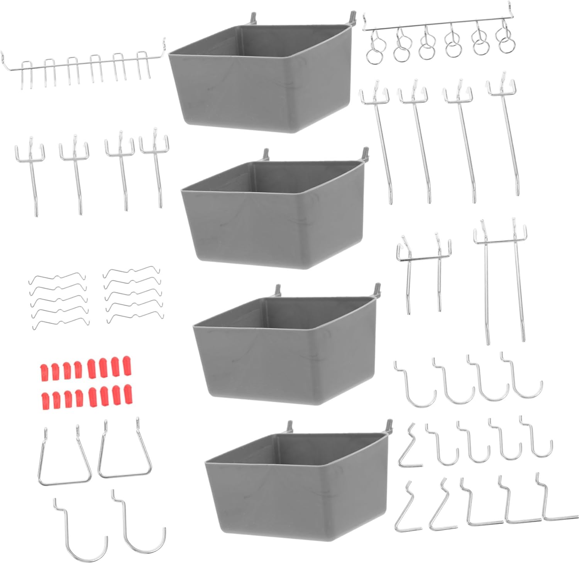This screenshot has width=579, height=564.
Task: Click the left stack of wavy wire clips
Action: coord(58,301)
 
